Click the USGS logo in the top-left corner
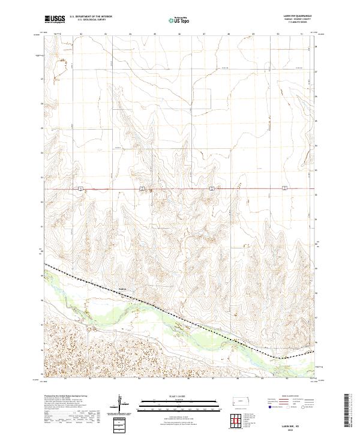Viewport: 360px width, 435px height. [x=55, y=19]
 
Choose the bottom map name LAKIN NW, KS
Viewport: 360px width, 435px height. [x=298, y=422]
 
